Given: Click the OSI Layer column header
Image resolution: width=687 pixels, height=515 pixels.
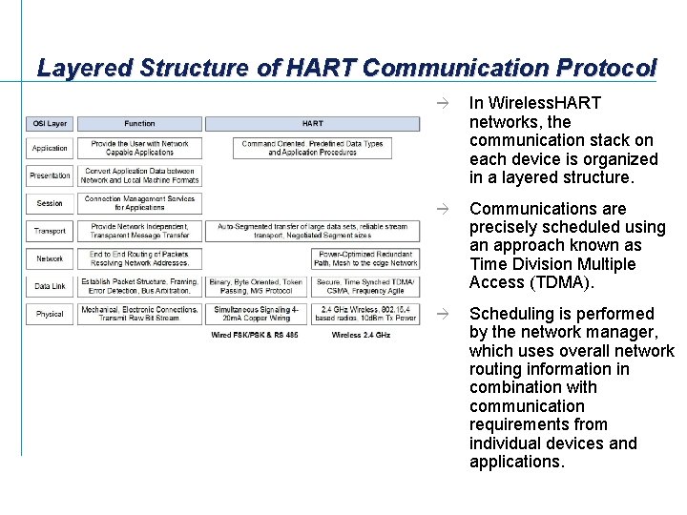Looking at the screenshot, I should [50, 124].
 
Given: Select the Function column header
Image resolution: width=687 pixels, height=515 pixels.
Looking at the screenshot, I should [139, 124].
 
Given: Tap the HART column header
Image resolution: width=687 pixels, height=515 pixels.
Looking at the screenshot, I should [312, 124].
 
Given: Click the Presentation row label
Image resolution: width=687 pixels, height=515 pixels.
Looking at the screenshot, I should [50, 175].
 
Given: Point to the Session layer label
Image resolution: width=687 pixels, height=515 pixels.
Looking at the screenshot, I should [50, 203].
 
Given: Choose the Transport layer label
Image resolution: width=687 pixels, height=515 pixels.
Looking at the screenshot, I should [50, 231].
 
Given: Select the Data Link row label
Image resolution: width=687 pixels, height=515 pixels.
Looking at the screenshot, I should [50, 286].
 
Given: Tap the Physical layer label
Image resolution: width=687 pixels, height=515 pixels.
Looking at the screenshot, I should [50, 314].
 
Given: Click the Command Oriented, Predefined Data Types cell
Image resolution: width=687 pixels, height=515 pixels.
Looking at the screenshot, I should [312, 148].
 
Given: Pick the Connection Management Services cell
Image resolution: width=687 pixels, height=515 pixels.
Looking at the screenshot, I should [139, 203].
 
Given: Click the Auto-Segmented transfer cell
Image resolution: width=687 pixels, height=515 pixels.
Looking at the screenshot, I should [312, 231].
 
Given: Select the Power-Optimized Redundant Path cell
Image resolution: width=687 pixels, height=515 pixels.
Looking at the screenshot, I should [367, 258].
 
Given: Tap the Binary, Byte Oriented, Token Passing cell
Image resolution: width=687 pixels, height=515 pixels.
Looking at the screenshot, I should [255, 286].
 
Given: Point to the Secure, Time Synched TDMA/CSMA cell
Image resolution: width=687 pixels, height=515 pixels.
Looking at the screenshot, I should [367, 286].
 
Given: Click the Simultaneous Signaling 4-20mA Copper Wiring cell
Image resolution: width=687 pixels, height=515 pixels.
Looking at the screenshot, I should [255, 314].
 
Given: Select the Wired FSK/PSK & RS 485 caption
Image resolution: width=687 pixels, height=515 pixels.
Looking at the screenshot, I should [255, 335].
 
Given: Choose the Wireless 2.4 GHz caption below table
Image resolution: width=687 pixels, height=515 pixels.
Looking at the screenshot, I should [361, 335].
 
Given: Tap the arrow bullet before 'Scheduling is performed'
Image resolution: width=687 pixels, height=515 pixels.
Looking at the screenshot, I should [441, 314].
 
